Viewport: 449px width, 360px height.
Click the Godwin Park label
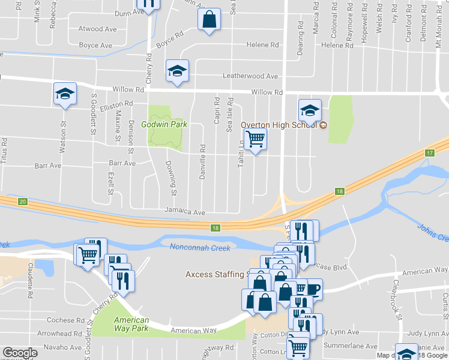(164, 125)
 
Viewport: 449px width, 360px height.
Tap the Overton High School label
(279, 125)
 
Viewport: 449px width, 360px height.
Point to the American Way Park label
(131, 325)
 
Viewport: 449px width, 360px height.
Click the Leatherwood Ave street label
(250, 76)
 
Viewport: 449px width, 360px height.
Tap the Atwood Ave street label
(98, 29)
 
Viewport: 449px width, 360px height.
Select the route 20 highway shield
(23, 201)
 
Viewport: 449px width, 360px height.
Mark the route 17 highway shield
(429, 154)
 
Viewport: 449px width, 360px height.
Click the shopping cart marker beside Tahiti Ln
(256, 140)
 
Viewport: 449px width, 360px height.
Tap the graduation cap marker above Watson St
(65, 94)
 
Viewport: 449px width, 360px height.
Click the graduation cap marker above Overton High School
(310, 110)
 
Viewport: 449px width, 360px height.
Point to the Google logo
(20, 353)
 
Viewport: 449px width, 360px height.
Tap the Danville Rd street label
(203, 164)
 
